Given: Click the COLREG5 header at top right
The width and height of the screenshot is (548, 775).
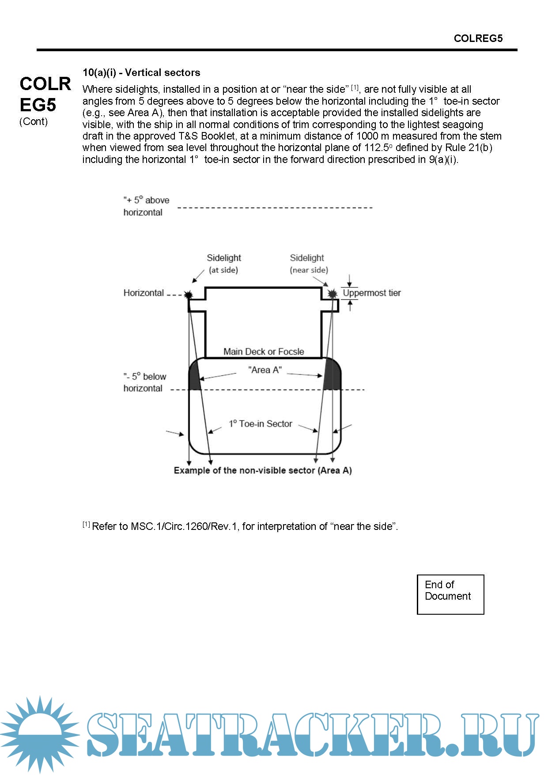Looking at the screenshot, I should (x=478, y=38).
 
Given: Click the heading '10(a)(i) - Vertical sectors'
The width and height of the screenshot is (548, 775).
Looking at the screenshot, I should (x=141, y=72).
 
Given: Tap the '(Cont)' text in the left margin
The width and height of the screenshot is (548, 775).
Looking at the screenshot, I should (x=34, y=121).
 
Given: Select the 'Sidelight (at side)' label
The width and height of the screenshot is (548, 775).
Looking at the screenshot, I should (x=224, y=264).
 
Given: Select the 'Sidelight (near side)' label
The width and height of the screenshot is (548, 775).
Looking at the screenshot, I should (x=308, y=264).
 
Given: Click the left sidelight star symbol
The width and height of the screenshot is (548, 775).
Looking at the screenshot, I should (x=189, y=295).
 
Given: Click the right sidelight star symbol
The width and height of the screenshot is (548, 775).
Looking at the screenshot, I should (x=333, y=294).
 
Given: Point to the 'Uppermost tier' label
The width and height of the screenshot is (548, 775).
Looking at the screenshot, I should (x=371, y=293).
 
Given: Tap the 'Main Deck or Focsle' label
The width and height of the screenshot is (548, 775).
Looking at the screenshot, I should (x=264, y=352).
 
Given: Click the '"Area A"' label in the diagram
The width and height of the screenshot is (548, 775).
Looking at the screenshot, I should (x=265, y=370).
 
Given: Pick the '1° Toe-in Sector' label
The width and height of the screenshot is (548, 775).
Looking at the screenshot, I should (x=261, y=424).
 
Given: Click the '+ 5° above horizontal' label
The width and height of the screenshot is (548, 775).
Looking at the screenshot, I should (x=146, y=206).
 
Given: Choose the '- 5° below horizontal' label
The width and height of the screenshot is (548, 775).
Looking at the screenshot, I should (x=144, y=382).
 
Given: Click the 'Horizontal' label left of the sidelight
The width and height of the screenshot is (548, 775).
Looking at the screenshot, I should (x=144, y=293).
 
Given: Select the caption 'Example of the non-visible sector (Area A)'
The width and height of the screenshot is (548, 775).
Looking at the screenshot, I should (x=263, y=470).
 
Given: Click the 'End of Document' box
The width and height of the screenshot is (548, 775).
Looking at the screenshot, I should (x=450, y=594).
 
